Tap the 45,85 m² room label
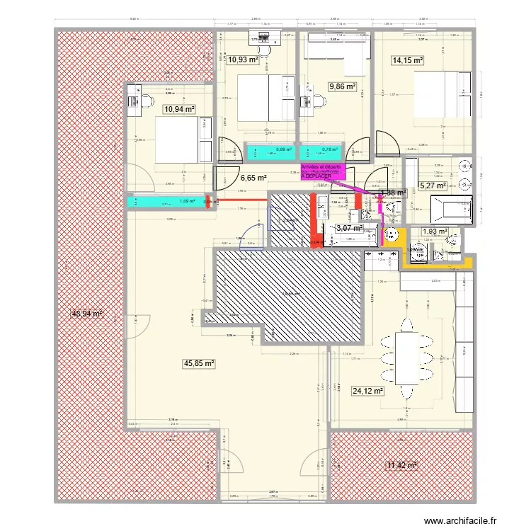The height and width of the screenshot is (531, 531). (x=199, y=363)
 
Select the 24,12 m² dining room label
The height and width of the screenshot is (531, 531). (x=367, y=390)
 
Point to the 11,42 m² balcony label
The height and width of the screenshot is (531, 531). (x=401, y=465)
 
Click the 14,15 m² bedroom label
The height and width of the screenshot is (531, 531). (x=407, y=61)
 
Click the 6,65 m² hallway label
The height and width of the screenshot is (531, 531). (x=253, y=178)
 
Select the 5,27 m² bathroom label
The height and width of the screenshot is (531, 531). (x=433, y=185)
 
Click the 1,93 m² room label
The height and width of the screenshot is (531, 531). (x=434, y=232)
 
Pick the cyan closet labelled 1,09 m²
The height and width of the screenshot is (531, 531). (x=167, y=202)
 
